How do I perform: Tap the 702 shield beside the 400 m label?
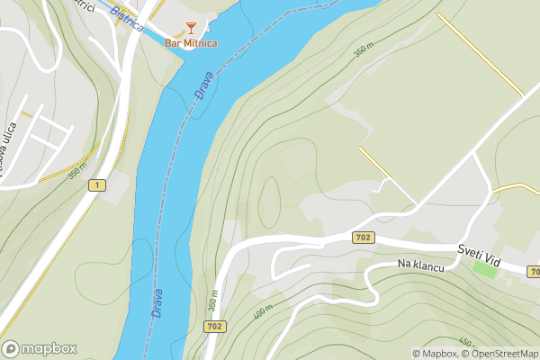point(215,327)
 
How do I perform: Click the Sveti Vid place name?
point(477,249)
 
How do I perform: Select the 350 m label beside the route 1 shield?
point(76,171)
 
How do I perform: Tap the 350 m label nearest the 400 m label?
point(214,301)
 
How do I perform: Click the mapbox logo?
point(40,349)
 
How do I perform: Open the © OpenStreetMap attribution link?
point(502,354)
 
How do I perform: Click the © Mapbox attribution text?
point(435,354)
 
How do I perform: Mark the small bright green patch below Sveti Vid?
point(484,268)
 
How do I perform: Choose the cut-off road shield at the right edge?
point(535,271)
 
